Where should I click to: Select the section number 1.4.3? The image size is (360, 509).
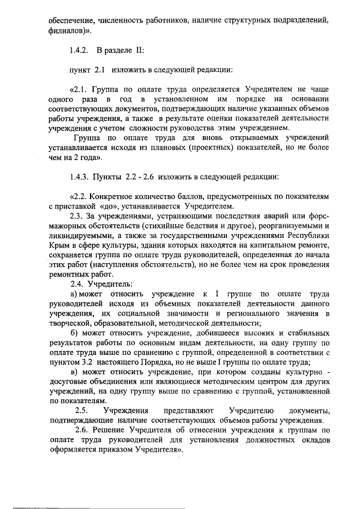click(80, 177)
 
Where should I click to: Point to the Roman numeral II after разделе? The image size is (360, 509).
click(138, 51)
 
